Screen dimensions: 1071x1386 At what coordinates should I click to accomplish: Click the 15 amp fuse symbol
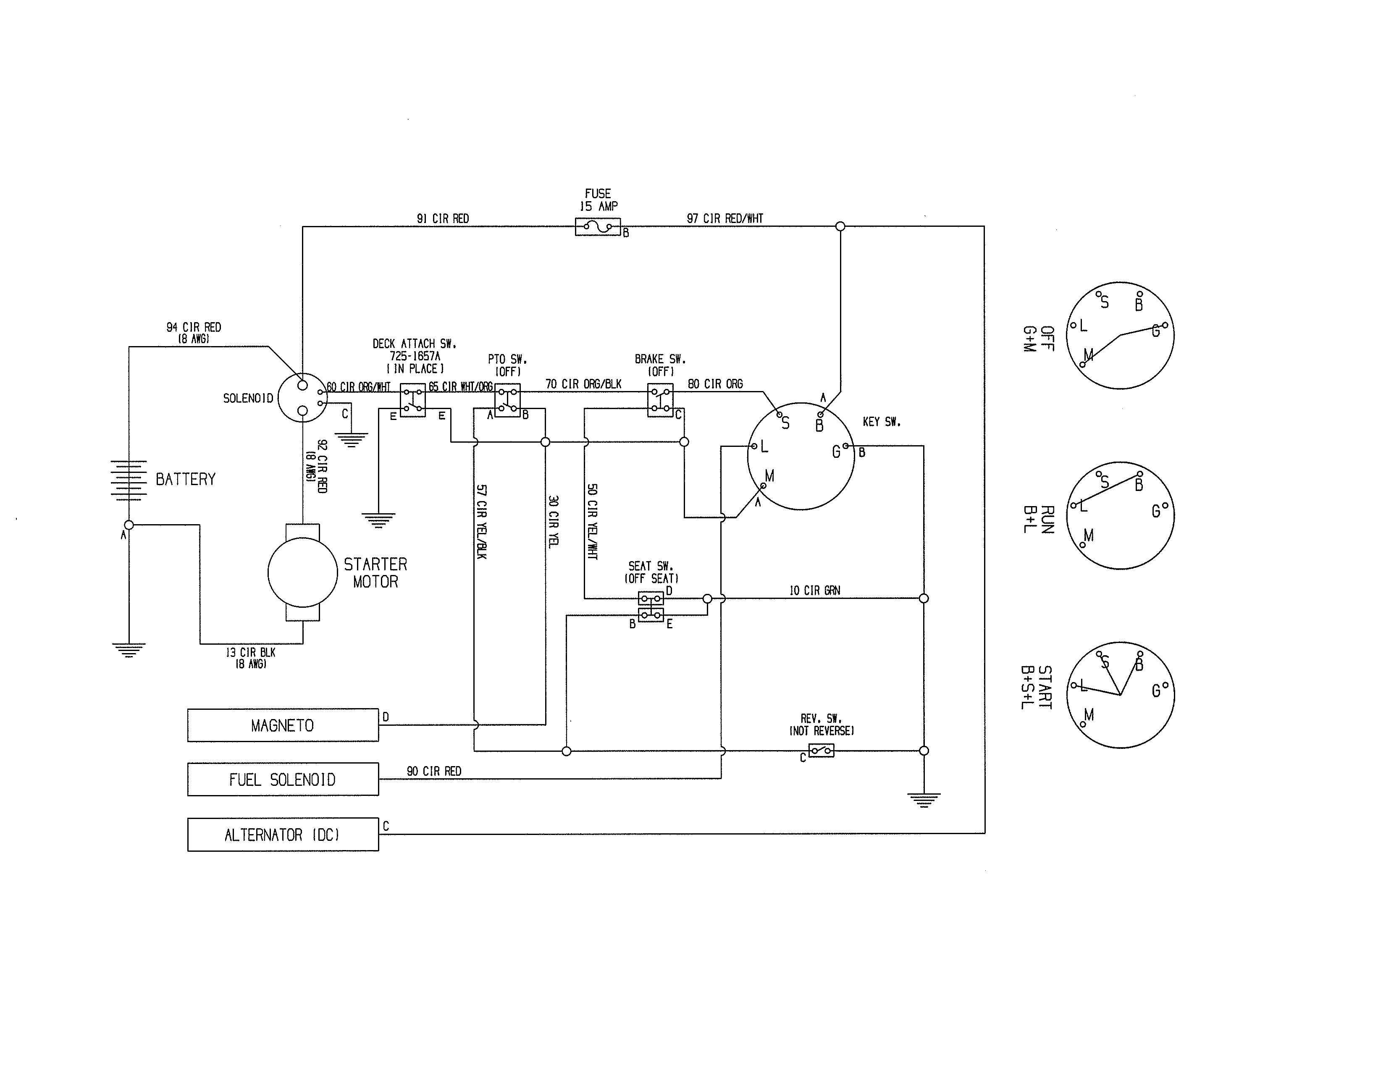(x=597, y=226)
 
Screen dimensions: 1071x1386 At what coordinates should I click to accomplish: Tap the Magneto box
(x=283, y=725)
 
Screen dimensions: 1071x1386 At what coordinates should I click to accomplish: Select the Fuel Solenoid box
(x=283, y=779)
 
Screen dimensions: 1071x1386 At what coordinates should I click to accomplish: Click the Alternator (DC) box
(x=283, y=835)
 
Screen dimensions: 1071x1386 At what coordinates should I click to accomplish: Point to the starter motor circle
(x=303, y=572)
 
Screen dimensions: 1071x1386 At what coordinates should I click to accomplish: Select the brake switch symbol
(x=660, y=400)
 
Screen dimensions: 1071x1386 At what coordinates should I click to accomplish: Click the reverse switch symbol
(x=821, y=751)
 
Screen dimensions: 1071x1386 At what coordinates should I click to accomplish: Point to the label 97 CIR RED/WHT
(x=725, y=219)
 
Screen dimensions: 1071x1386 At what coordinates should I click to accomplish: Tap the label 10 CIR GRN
(x=814, y=591)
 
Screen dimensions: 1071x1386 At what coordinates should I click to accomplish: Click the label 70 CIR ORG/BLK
(x=583, y=384)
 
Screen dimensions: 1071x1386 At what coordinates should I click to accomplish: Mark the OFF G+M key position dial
(x=1120, y=336)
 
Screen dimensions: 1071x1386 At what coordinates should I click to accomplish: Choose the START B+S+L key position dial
(x=1120, y=695)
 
